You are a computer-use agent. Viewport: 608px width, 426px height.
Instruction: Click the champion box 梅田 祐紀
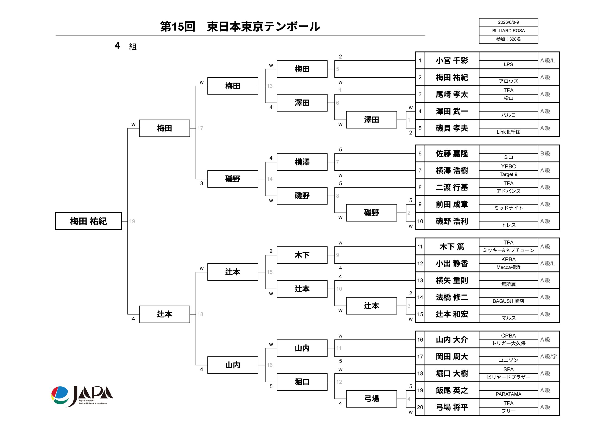pyautogui.click(x=88, y=221)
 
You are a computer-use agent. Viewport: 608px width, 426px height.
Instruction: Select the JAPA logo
pyautogui.click(x=82, y=396)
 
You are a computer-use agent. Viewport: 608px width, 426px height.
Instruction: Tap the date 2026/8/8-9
pyautogui.click(x=508, y=22)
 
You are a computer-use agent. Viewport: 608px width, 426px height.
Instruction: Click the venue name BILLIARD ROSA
pyautogui.click(x=508, y=31)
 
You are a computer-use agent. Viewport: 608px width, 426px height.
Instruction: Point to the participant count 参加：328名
pyautogui.click(x=508, y=39)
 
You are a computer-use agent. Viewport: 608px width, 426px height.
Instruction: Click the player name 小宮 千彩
pyautogui.click(x=452, y=61)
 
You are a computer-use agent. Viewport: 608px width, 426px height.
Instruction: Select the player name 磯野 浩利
pyautogui.click(x=452, y=221)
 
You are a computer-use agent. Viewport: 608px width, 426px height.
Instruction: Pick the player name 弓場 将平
pyautogui.click(x=452, y=407)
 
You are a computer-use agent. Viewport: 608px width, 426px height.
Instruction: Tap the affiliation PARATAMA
pyautogui.click(x=508, y=394)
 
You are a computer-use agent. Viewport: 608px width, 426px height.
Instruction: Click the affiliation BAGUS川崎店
pyautogui.click(x=508, y=301)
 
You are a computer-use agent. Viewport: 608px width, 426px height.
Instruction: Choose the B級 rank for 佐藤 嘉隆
pyautogui.click(x=545, y=154)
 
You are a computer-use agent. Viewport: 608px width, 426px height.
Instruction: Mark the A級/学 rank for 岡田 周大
pyautogui.click(x=548, y=356)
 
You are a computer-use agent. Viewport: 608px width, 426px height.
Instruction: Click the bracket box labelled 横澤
pyautogui.click(x=302, y=162)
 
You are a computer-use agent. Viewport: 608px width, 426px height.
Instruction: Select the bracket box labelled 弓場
pyautogui.click(x=371, y=399)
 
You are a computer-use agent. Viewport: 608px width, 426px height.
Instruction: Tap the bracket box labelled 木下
pyautogui.click(x=302, y=255)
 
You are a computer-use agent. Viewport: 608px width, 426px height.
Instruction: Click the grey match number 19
pyautogui.click(x=132, y=221)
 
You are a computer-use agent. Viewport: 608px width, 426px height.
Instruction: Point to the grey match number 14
pyautogui.click(x=270, y=179)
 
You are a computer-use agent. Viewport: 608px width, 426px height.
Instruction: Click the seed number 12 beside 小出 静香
pyautogui.click(x=420, y=263)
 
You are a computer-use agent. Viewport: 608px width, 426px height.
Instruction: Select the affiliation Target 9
pyautogui.click(x=508, y=174)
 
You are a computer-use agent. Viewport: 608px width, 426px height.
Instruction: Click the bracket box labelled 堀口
pyautogui.click(x=302, y=382)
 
